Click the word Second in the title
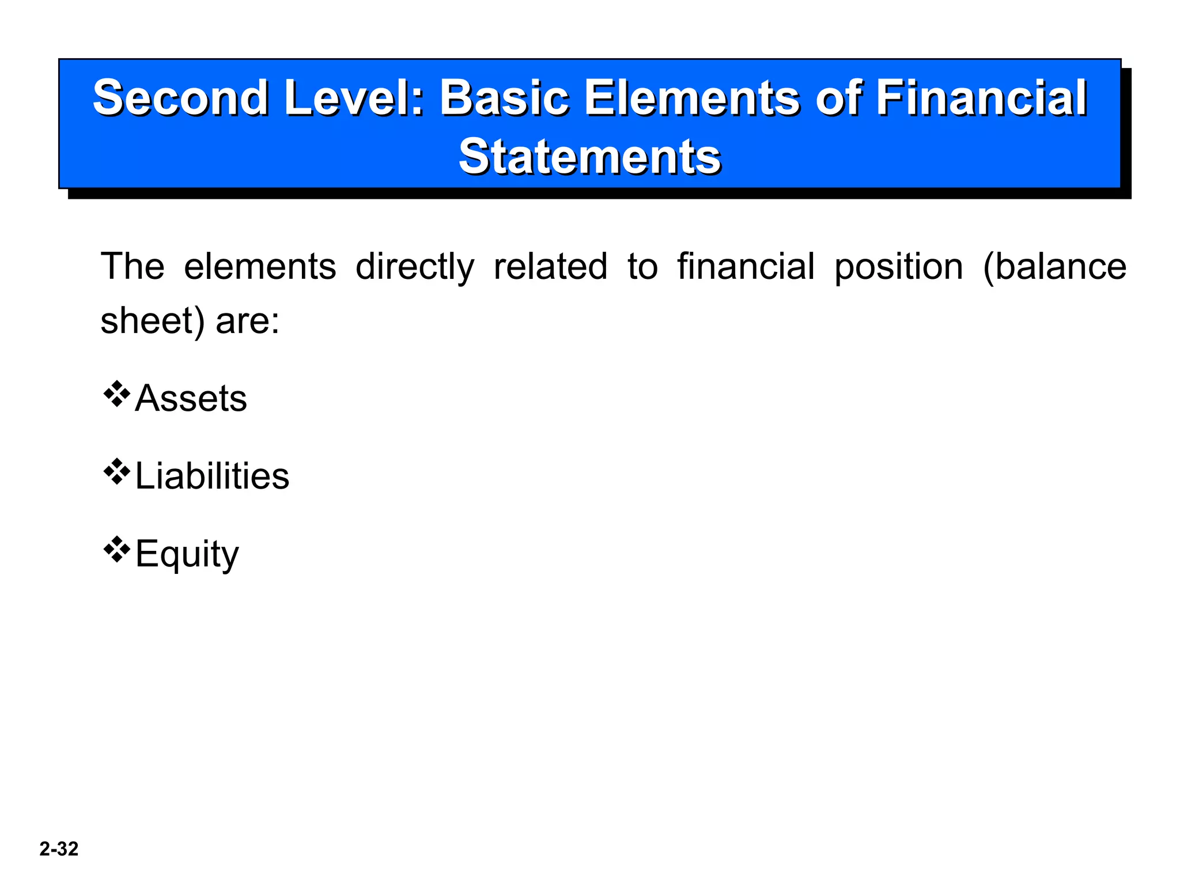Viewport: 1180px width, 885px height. [180, 98]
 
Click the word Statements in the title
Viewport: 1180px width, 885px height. [589, 157]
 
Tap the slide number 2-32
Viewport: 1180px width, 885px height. [59, 849]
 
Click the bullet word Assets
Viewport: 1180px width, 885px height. [191, 398]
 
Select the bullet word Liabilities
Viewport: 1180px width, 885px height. [212, 476]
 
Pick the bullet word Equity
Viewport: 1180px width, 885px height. [187, 554]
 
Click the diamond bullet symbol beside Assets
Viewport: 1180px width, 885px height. [116, 394]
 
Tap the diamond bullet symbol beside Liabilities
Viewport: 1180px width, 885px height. [116, 472]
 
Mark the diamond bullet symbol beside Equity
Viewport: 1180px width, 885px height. [116, 550]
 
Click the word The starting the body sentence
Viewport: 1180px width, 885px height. [133, 266]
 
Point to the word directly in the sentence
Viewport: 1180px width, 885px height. [415, 267]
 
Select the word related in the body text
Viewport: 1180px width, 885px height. [550, 266]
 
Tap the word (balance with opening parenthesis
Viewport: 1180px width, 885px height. [1054, 267]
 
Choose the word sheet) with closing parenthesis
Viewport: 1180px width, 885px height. [153, 321]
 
